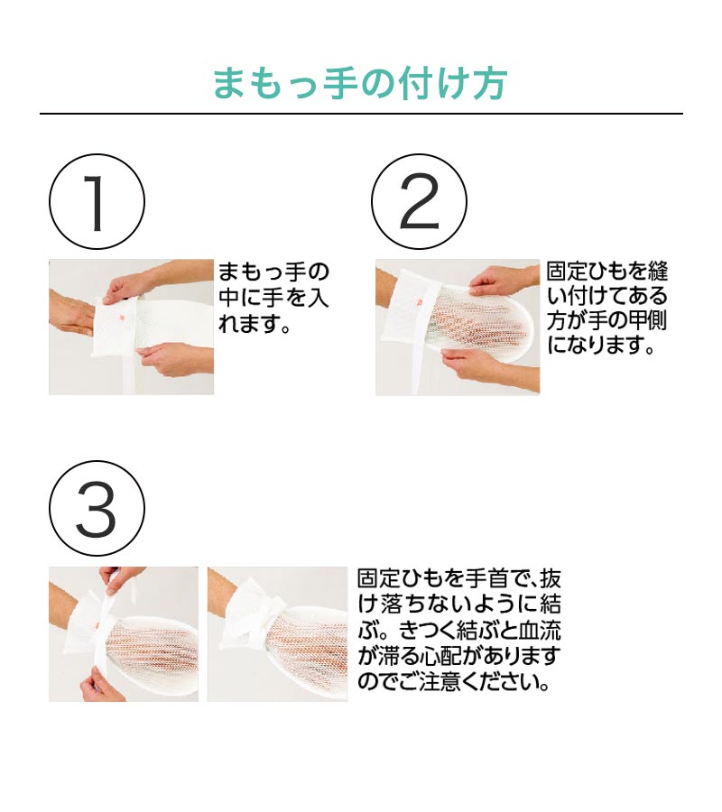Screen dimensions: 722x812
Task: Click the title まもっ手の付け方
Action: point(360,84)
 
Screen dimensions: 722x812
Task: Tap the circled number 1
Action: point(97,202)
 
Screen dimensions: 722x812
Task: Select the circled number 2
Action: point(419,202)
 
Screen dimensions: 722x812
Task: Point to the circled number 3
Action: point(97,509)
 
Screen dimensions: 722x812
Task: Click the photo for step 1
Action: point(131,327)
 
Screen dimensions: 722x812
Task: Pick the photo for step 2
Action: point(458,327)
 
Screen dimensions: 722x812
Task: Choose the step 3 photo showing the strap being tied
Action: point(124,634)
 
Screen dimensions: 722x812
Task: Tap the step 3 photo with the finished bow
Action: point(278,634)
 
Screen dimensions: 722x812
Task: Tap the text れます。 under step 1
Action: point(254,324)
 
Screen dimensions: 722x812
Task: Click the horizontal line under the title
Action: point(361,114)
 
